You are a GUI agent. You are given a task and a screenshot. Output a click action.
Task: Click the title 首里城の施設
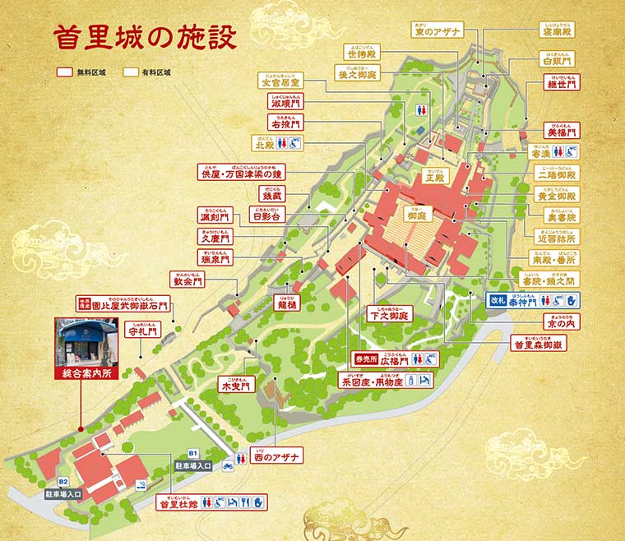146,37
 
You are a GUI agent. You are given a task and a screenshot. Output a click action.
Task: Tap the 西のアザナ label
278,455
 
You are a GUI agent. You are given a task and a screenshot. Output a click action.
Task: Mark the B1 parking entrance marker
193,453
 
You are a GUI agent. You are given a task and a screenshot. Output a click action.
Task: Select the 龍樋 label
285,302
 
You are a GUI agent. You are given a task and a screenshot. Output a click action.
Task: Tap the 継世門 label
562,86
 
